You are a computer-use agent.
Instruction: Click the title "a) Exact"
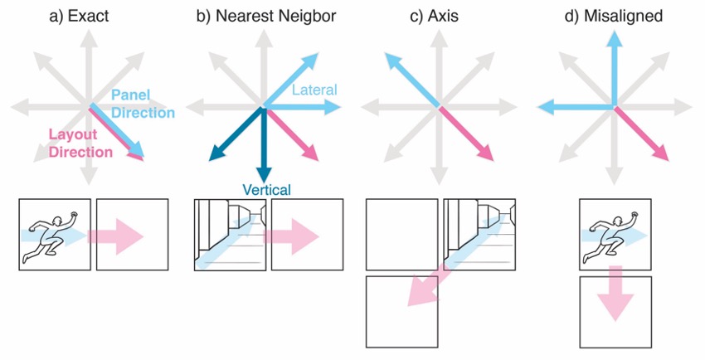(76, 16)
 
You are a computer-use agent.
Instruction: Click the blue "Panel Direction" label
(143, 105)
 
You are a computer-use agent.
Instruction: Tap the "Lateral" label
(314, 89)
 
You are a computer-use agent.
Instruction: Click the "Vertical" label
(266, 190)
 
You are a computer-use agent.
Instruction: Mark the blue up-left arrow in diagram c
(411, 78)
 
